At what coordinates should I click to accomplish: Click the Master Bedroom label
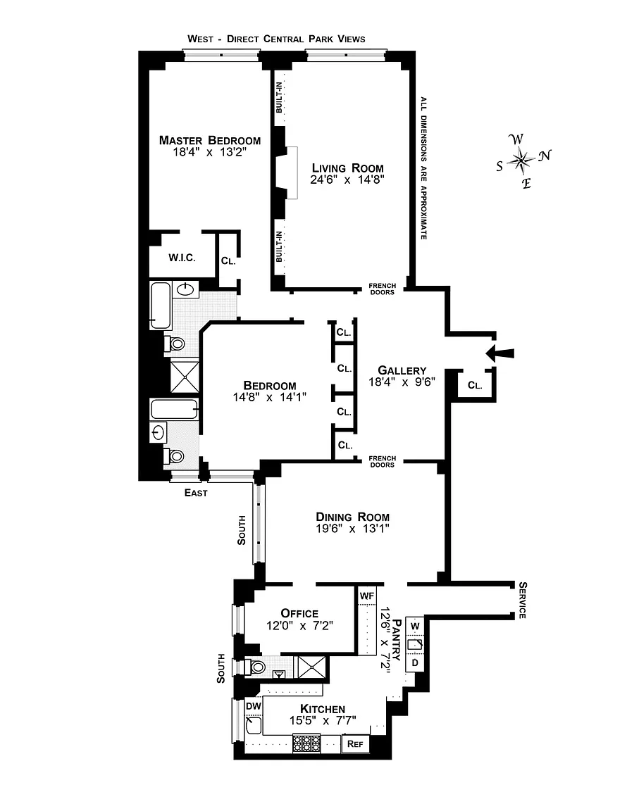click(210, 140)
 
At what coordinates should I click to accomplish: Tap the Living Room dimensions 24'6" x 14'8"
click(347, 180)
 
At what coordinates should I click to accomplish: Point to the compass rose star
click(521, 161)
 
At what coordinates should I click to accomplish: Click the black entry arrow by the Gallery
click(500, 353)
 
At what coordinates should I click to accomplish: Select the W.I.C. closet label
click(182, 258)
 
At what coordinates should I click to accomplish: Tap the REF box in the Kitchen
click(355, 743)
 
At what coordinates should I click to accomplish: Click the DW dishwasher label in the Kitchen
click(253, 706)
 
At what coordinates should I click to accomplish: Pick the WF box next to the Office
click(366, 596)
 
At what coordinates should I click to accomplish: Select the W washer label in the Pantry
click(415, 627)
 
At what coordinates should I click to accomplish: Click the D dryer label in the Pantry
click(415, 662)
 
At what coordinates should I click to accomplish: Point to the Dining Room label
click(352, 517)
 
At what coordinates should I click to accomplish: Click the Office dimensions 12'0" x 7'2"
click(299, 626)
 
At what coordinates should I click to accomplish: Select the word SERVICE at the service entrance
click(523, 600)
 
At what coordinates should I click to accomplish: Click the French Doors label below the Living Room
click(382, 289)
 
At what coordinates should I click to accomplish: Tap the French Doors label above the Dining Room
click(382, 461)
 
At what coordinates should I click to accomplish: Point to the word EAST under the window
click(196, 493)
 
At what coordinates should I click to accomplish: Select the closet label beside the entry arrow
click(475, 385)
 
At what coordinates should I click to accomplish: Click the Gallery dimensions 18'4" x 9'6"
click(402, 382)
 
